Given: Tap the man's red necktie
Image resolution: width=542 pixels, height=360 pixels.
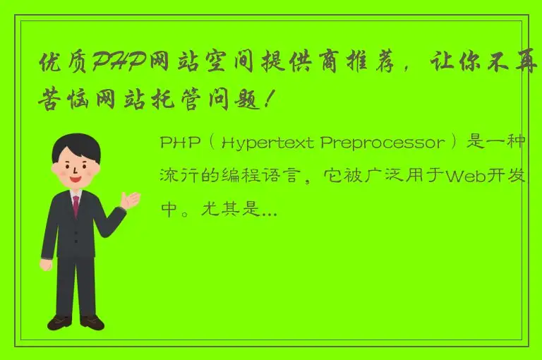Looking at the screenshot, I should point(76,206).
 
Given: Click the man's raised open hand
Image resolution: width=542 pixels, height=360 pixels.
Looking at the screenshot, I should point(130,200).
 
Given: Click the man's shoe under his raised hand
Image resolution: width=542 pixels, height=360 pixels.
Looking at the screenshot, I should point(92,323).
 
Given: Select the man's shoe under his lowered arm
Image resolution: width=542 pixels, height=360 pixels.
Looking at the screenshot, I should point(60,323).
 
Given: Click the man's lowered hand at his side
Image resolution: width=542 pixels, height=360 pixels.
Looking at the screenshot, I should point(46,264).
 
